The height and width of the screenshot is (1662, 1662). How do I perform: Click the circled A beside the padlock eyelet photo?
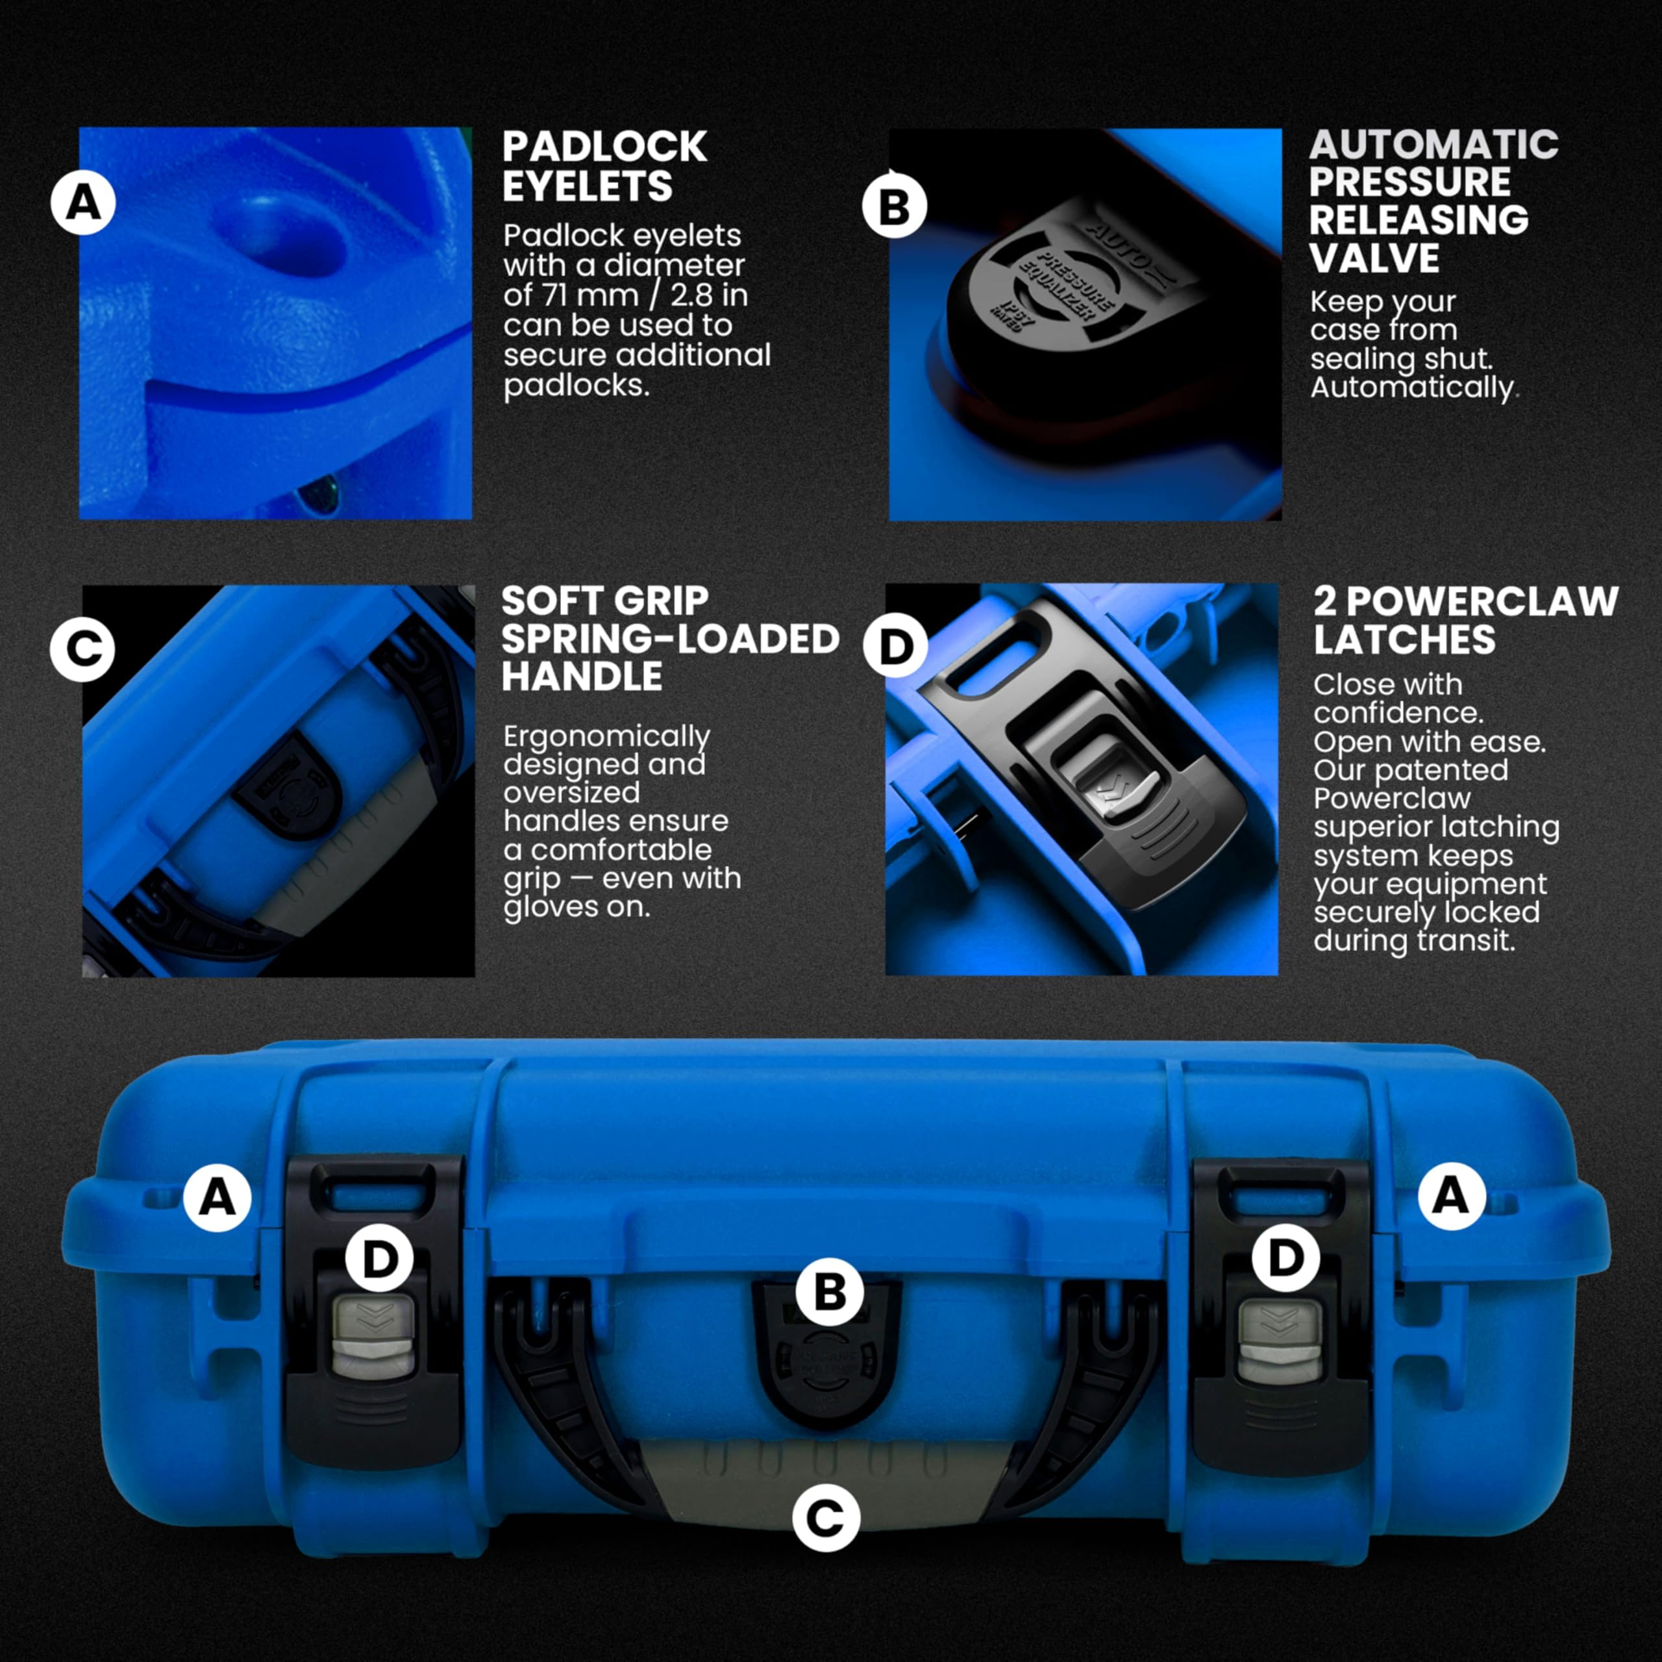[84, 203]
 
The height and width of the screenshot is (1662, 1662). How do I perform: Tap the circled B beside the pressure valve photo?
[895, 206]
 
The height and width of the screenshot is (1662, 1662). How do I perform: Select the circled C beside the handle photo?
[82, 649]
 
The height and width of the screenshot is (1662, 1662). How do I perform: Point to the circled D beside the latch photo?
[895, 647]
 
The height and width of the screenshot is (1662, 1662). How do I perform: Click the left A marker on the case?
[217, 1197]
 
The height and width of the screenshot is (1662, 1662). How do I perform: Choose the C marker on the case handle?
[826, 1519]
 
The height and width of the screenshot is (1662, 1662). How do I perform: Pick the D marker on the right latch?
[1286, 1258]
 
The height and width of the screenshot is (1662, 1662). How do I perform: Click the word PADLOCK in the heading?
[604, 147]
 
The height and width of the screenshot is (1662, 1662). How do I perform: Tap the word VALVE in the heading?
[1374, 258]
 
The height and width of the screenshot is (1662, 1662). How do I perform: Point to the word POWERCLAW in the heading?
[1482, 601]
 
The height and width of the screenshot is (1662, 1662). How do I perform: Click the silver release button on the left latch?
[374, 1337]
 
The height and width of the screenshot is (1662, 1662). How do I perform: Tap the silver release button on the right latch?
[1280, 1340]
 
